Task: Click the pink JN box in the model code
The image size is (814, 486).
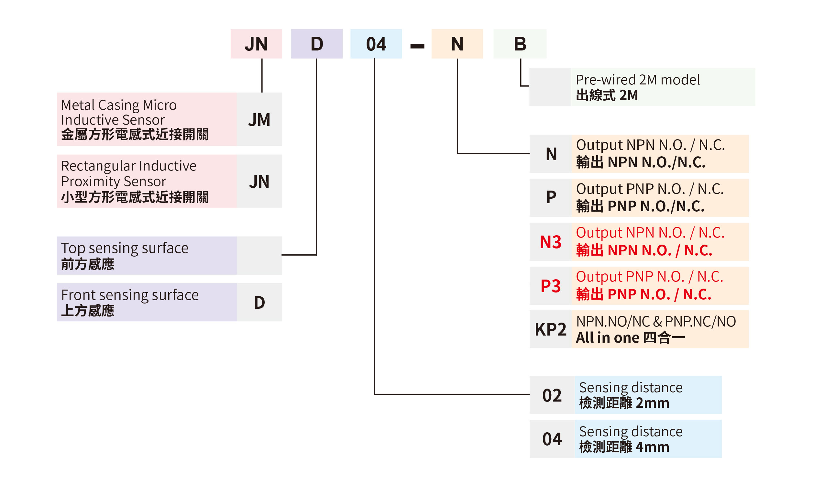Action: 256,44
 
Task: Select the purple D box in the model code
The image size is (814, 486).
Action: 317,44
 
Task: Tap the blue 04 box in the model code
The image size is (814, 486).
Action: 376,44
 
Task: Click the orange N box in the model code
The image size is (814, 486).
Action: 457,44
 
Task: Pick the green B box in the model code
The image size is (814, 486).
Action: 520,44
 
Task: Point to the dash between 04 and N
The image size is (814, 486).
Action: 417,46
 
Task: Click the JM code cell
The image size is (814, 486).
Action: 259,119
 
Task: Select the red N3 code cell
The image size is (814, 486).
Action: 550,242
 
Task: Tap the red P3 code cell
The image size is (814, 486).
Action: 550,286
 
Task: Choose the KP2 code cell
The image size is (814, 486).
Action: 550,329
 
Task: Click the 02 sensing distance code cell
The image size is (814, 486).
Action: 552,395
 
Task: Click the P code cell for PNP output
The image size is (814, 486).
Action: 551,197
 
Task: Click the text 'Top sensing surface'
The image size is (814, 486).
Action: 125,248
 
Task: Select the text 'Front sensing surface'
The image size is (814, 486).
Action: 130,295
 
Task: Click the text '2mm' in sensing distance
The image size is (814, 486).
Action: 652,403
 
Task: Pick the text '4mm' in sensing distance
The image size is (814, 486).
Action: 652,447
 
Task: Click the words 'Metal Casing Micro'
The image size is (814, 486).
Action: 118,105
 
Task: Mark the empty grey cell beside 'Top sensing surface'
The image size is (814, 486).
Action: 259,255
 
